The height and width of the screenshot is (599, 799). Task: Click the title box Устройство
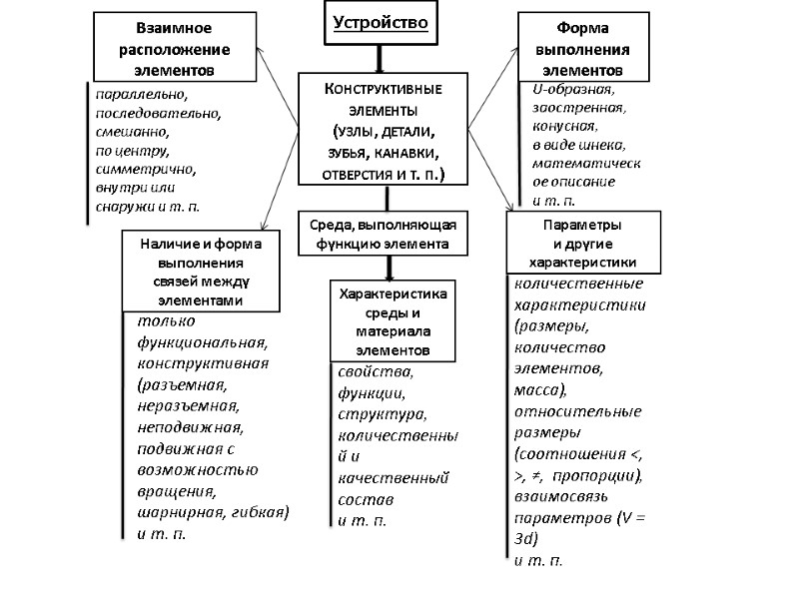[x=379, y=22]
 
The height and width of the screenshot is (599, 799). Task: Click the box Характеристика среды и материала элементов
[x=392, y=321]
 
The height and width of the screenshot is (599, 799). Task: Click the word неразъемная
[x=188, y=404]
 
